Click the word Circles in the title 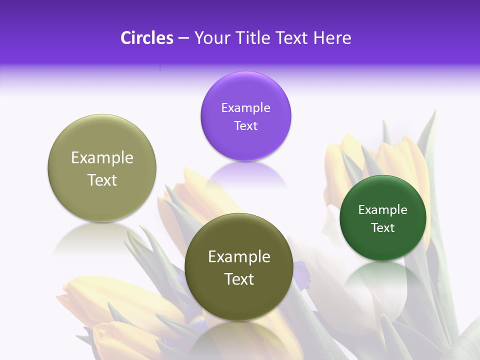click(147, 38)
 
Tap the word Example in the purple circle click(245, 108)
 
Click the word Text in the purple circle click(245, 126)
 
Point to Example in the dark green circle click(383, 210)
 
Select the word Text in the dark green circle click(383, 228)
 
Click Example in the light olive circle click(102, 158)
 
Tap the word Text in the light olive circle click(102, 180)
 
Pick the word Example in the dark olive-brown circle click(239, 257)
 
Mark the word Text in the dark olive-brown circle click(239, 279)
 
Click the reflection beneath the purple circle click(246, 175)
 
